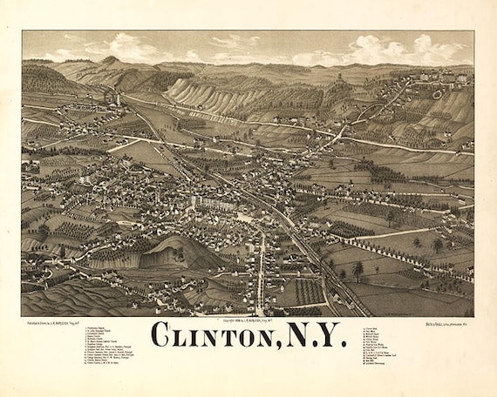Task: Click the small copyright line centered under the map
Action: coord(248,320)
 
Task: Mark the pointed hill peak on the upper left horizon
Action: coord(109,60)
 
